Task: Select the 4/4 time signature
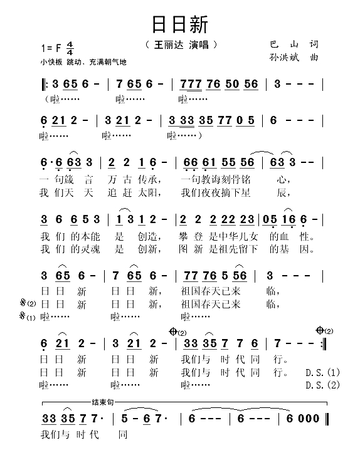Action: [x=70, y=48]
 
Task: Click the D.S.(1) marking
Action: [x=322, y=372]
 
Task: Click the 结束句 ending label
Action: [x=102, y=402]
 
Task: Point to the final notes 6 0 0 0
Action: [x=304, y=419]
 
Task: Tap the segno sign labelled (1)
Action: [x=26, y=317]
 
